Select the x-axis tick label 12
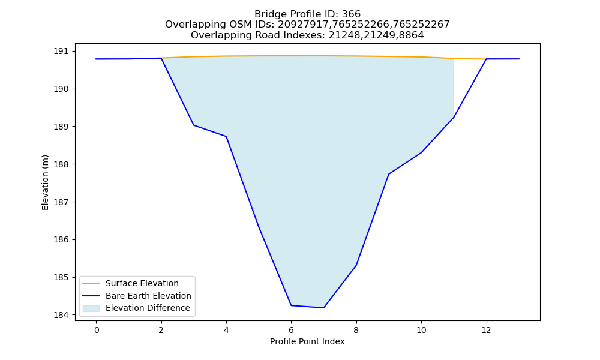tap(486, 330)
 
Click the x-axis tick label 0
tap(97, 330)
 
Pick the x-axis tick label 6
tap(291, 330)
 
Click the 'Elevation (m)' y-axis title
tap(45, 182)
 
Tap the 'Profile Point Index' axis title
tap(307, 341)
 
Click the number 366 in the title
tap(351, 14)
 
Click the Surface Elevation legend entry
tap(142, 283)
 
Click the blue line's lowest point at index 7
tap(324, 308)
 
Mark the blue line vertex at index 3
tap(194, 125)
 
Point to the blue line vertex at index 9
tap(389, 174)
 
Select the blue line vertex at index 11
tap(454, 117)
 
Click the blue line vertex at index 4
tap(226, 136)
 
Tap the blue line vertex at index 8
tap(356, 265)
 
